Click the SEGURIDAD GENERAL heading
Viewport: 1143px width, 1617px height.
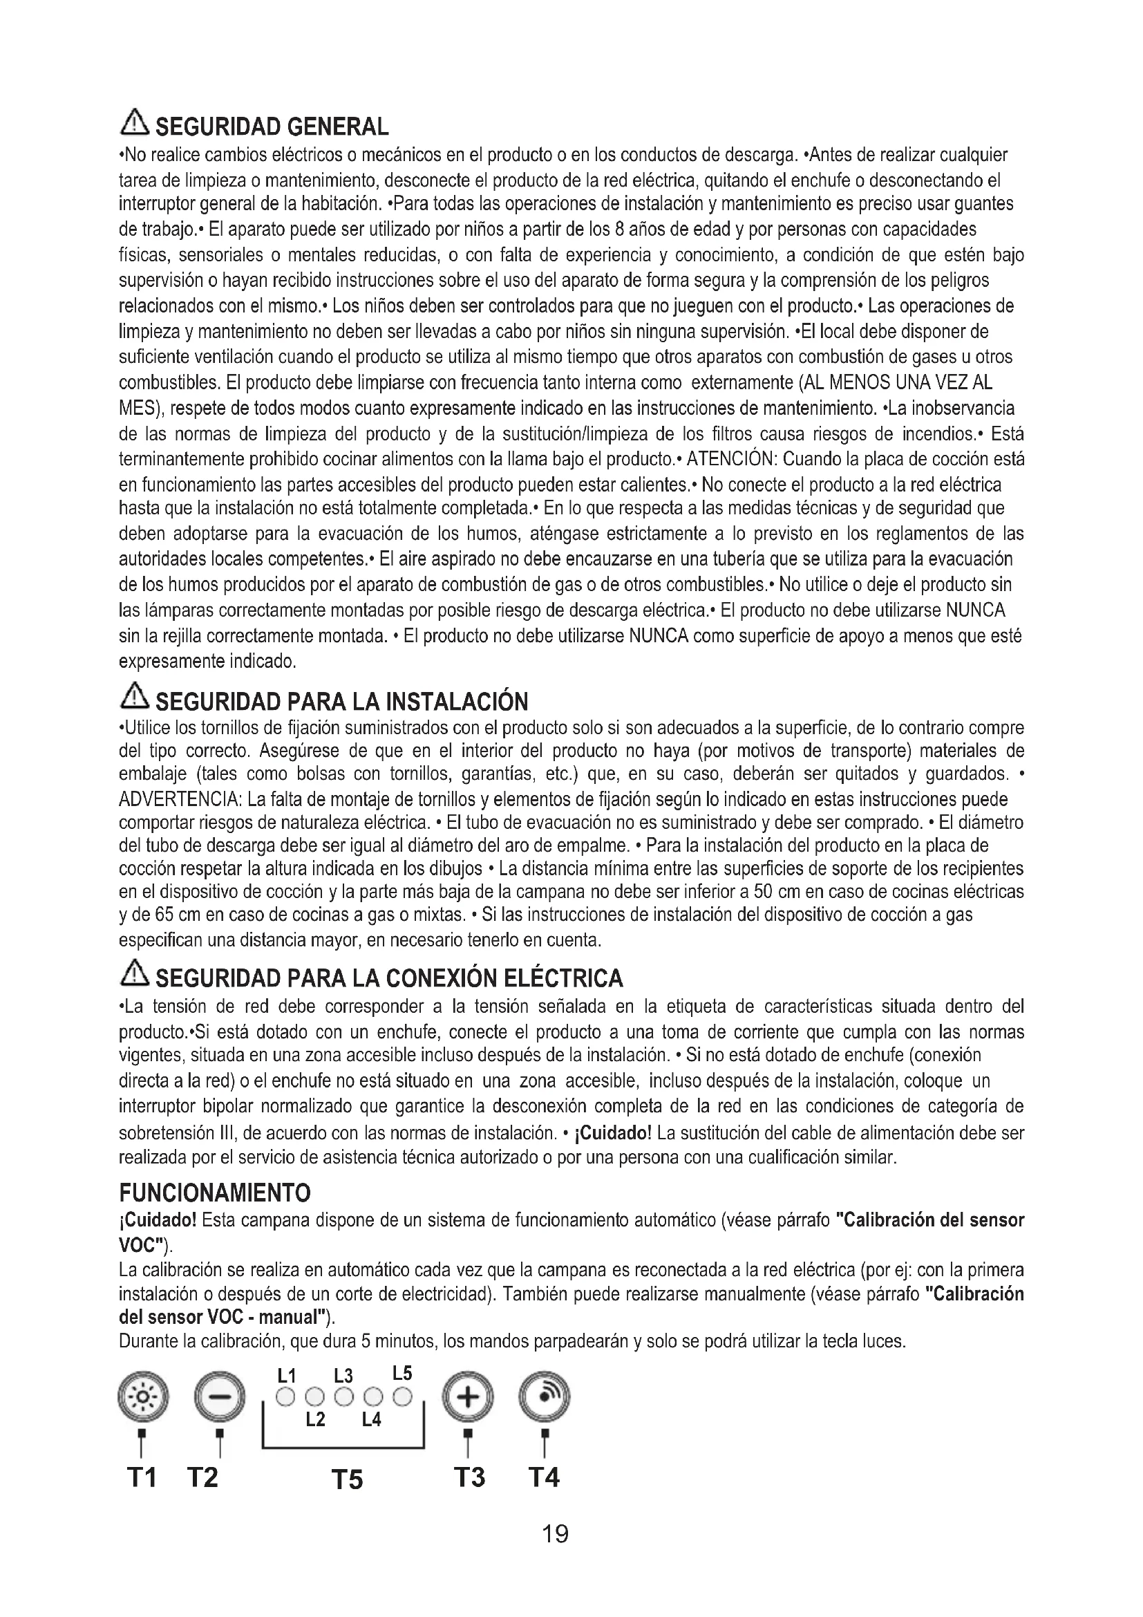pyautogui.click(x=271, y=127)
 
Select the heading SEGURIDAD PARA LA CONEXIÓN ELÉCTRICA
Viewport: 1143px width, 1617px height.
pyautogui.click(x=389, y=978)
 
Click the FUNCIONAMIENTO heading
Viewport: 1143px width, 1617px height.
pyautogui.click(x=215, y=1193)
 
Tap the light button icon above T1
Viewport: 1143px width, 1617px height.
pyautogui.click(x=143, y=1397)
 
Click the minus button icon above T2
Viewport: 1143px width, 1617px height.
pyautogui.click(x=220, y=1397)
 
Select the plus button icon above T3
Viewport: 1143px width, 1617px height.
pyautogui.click(x=467, y=1397)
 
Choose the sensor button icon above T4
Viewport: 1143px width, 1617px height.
pyautogui.click(x=544, y=1397)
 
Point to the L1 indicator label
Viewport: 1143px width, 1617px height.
pyautogui.click(x=287, y=1376)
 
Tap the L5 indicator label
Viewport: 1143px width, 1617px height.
pyautogui.click(x=402, y=1374)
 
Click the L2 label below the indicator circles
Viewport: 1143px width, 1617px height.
pyautogui.click(x=315, y=1420)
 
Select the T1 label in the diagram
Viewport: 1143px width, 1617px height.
pyautogui.click(x=142, y=1477)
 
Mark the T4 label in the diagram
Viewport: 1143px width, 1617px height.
pyautogui.click(x=543, y=1477)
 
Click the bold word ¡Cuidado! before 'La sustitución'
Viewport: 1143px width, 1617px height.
pyautogui.click(x=614, y=1133)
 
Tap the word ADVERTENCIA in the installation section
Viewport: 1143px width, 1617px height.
pyautogui.click(x=179, y=800)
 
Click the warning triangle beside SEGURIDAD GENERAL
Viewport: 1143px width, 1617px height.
pyautogui.click(x=135, y=124)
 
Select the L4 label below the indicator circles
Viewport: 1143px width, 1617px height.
pyautogui.click(x=372, y=1420)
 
